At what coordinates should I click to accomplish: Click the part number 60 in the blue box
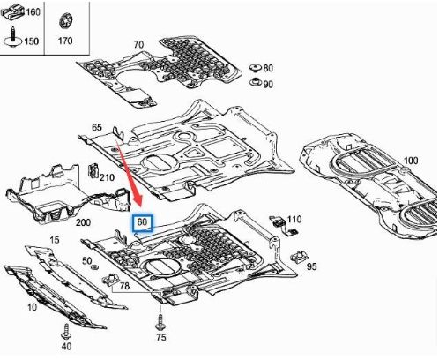coord(142,221)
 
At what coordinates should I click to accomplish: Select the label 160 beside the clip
coord(33,12)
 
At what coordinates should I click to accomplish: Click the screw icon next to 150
coord(13,37)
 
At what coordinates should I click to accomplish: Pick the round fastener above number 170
coord(65,21)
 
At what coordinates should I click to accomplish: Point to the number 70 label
coord(138,44)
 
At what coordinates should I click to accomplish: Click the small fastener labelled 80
coord(256,68)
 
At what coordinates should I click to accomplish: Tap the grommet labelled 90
coord(256,82)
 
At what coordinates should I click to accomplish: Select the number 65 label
coord(97,127)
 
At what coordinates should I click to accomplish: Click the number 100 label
coord(411,161)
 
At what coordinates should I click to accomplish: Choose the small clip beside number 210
coord(93,170)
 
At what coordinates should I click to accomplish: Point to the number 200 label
coord(83,222)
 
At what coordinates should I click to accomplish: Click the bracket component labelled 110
coord(284,226)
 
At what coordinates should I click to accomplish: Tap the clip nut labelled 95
coord(299,257)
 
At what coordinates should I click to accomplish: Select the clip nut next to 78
coord(110,280)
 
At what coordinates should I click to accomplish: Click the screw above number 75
coord(160,322)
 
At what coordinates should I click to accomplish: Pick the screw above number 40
coord(66,332)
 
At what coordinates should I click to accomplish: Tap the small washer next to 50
coord(94,267)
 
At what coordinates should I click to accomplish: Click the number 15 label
coord(55,240)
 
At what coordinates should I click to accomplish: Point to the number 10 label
coord(32,307)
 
